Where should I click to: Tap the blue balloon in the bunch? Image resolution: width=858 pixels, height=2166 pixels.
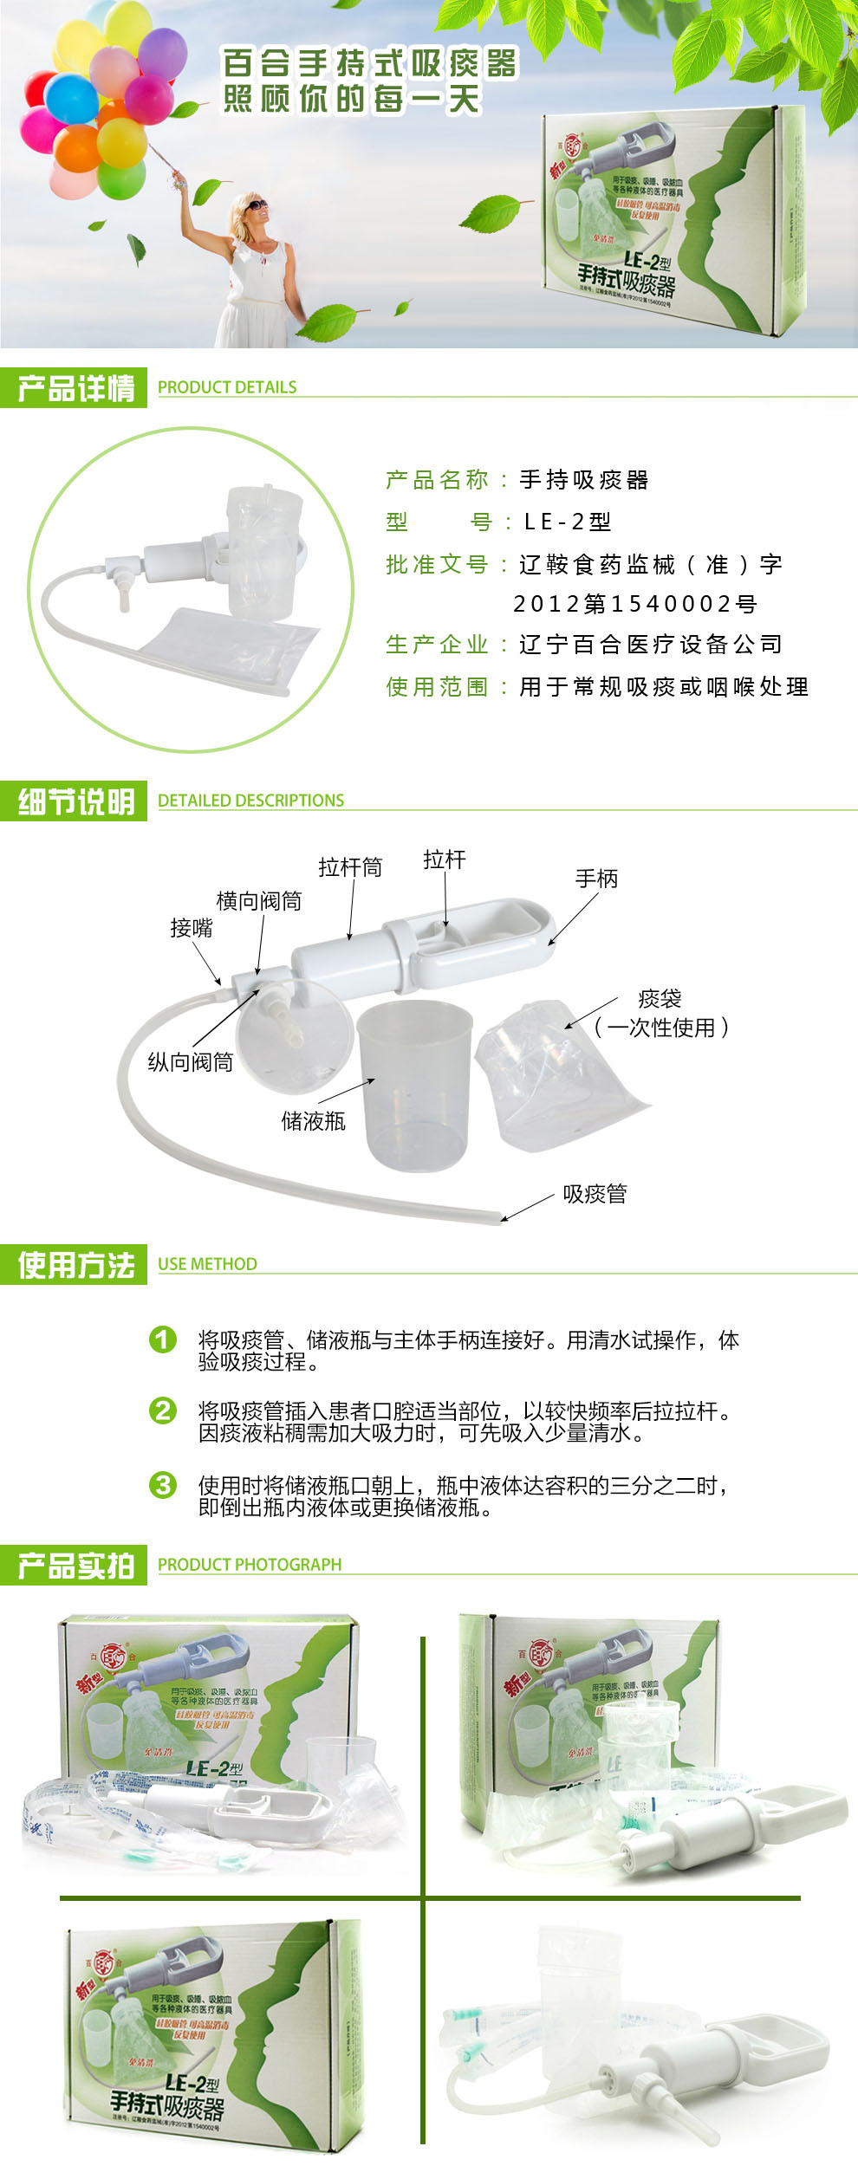point(71,97)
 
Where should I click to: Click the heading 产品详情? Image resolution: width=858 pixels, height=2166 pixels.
point(75,389)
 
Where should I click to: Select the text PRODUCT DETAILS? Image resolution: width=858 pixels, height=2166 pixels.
point(227,387)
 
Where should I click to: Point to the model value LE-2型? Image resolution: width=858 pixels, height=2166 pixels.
point(568,522)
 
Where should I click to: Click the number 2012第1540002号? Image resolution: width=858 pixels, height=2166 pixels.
point(635,604)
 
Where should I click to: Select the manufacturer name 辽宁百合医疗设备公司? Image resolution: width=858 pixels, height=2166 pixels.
point(651,645)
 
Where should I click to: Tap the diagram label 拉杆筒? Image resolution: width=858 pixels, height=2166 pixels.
point(349,867)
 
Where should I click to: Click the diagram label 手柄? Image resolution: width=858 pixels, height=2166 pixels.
point(596,879)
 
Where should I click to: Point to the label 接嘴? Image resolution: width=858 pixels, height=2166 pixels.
point(191,928)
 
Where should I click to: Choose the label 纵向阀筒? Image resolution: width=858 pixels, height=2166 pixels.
point(190,1062)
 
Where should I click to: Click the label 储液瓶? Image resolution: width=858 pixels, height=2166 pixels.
point(313,1121)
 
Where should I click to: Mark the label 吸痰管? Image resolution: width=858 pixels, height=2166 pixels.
point(595,1194)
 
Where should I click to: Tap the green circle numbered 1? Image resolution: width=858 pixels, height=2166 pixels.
point(163,1339)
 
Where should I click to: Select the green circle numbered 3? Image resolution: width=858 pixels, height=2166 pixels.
point(163,1485)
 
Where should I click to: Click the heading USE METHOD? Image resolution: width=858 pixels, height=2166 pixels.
point(207,1264)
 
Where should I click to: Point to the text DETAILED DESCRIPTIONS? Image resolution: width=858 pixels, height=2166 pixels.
point(250,801)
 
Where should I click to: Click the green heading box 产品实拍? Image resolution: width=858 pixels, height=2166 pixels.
point(75,1566)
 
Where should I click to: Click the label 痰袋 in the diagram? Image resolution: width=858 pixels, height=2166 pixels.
point(660,999)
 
